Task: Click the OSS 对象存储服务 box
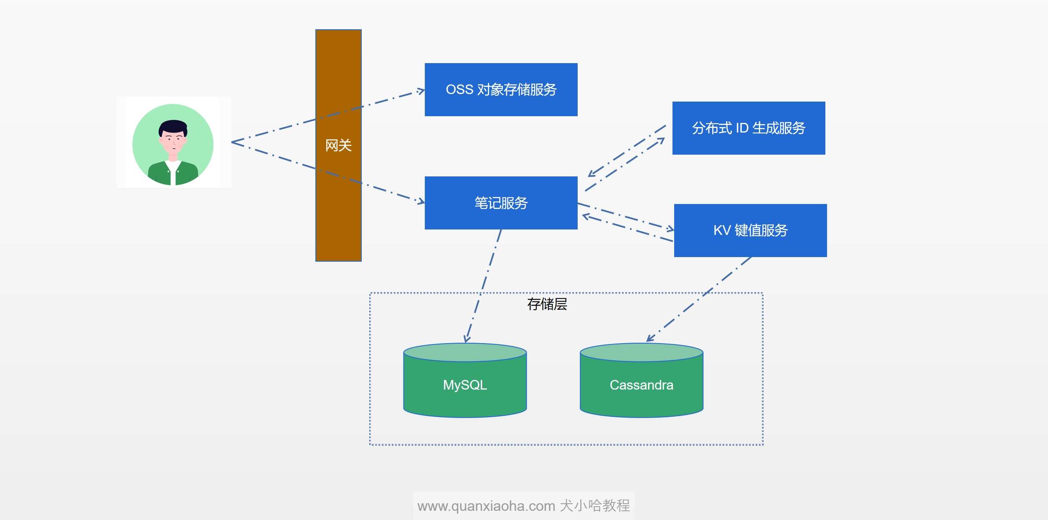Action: [x=501, y=89]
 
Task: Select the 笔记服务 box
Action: [x=501, y=203]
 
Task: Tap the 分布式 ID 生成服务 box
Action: [x=749, y=128]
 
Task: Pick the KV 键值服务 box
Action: [x=750, y=230]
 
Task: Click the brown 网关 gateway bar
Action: [x=338, y=145]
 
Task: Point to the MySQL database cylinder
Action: [x=465, y=380]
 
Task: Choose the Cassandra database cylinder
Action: [x=642, y=380]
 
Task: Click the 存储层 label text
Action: [x=547, y=304]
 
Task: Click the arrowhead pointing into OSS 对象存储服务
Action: [x=421, y=91]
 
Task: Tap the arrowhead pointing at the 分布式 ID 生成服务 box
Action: [x=661, y=141]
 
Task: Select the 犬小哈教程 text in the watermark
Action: [x=595, y=505]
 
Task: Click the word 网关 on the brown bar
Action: [x=338, y=145]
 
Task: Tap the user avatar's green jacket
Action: [x=173, y=173]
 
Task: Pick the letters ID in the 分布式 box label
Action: [x=742, y=128]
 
